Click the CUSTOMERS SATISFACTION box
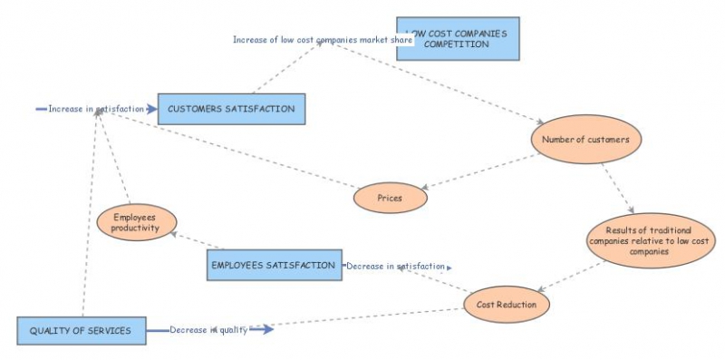click(x=231, y=109)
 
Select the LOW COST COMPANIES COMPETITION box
click(x=458, y=39)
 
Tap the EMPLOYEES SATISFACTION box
click(x=274, y=265)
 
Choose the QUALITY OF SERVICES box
click(x=81, y=331)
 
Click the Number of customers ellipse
click(x=586, y=140)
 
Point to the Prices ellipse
click(x=390, y=197)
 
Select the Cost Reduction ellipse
click(x=507, y=305)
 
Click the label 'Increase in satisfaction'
click(x=96, y=109)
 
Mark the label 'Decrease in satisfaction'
click(x=396, y=267)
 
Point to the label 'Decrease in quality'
click(x=208, y=329)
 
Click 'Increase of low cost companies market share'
click(x=323, y=40)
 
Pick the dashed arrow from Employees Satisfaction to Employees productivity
click(x=195, y=240)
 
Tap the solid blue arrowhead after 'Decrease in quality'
click(x=264, y=329)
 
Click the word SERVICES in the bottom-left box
click(x=114, y=331)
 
